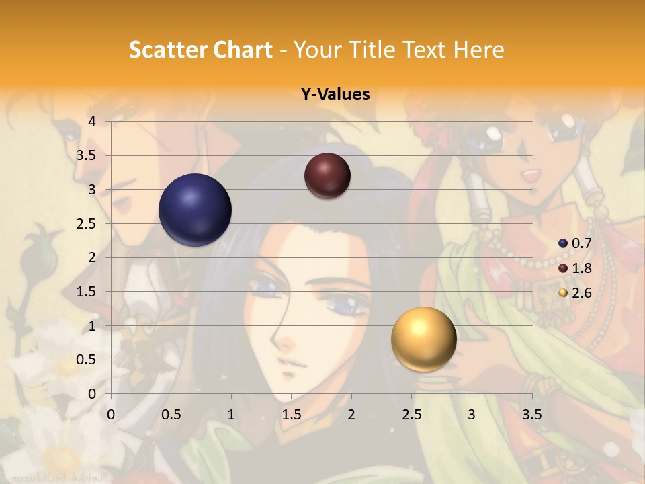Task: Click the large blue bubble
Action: [195, 210]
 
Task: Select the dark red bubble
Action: [327, 175]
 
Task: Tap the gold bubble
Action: [423, 339]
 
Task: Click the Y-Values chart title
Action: [335, 95]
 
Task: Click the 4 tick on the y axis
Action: [92, 122]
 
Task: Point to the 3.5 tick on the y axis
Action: [87, 156]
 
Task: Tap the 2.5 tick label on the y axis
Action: [87, 224]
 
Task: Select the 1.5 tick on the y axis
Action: [87, 292]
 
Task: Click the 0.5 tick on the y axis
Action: [87, 360]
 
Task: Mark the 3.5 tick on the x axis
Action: [531, 415]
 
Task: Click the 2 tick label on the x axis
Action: [351, 415]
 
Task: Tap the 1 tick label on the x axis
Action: [231, 415]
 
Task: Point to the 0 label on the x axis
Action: [111, 415]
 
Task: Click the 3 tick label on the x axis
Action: [472, 415]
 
